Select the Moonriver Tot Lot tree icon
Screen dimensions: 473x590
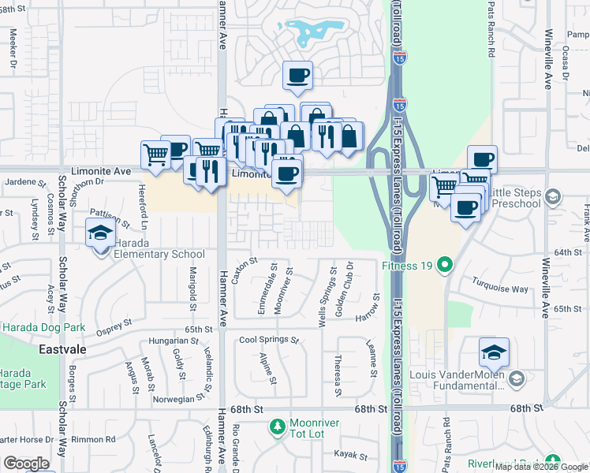(277, 427)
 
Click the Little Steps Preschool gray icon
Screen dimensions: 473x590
(553, 196)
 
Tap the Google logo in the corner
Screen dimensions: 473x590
(27, 464)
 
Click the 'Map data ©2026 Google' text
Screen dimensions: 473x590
(541, 467)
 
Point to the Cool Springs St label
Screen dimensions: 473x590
(270, 341)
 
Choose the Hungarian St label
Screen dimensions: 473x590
(173, 341)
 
